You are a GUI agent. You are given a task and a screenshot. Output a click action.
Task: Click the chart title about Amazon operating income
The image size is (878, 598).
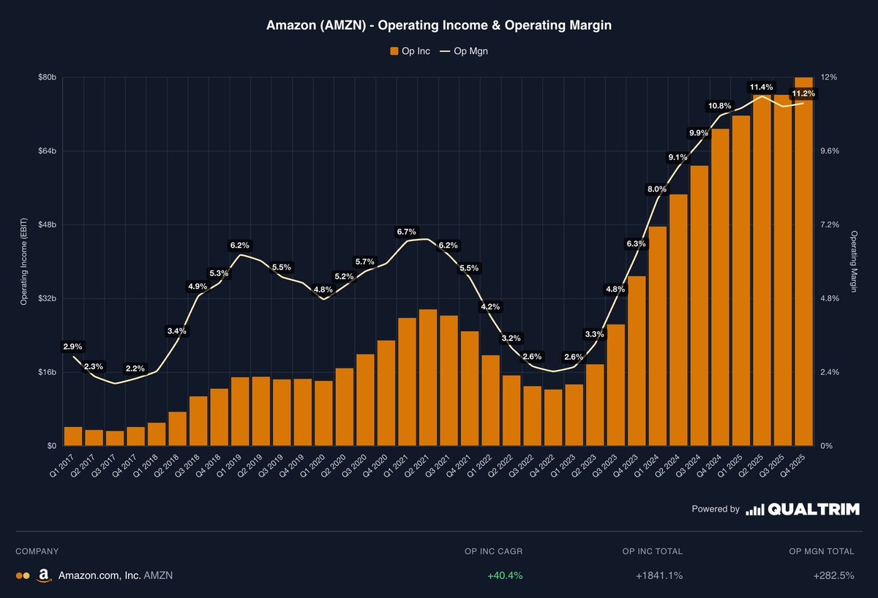pyautogui.click(x=438, y=25)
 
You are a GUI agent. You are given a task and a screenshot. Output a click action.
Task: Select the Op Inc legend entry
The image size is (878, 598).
pyautogui.click(x=410, y=51)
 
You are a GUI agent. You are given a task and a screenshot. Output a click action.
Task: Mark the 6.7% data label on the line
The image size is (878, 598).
pyautogui.click(x=406, y=232)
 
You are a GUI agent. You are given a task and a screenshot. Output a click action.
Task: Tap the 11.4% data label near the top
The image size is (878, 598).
pyautogui.click(x=761, y=87)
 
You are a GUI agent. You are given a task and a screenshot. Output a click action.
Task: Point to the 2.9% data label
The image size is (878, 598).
pyautogui.click(x=72, y=347)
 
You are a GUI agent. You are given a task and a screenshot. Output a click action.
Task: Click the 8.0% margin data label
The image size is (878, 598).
pyautogui.click(x=657, y=190)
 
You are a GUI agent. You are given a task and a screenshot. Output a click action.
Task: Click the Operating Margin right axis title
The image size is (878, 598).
pyautogui.click(x=853, y=261)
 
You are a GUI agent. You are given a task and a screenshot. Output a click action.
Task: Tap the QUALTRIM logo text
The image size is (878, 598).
pyautogui.click(x=813, y=510)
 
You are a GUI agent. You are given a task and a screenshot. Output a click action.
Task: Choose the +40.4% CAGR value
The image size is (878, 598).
pyautogui.click(x=505, y=575)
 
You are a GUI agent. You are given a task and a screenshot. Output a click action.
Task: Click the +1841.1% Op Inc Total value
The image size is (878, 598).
pyautogui.click(x=659, y=575)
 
